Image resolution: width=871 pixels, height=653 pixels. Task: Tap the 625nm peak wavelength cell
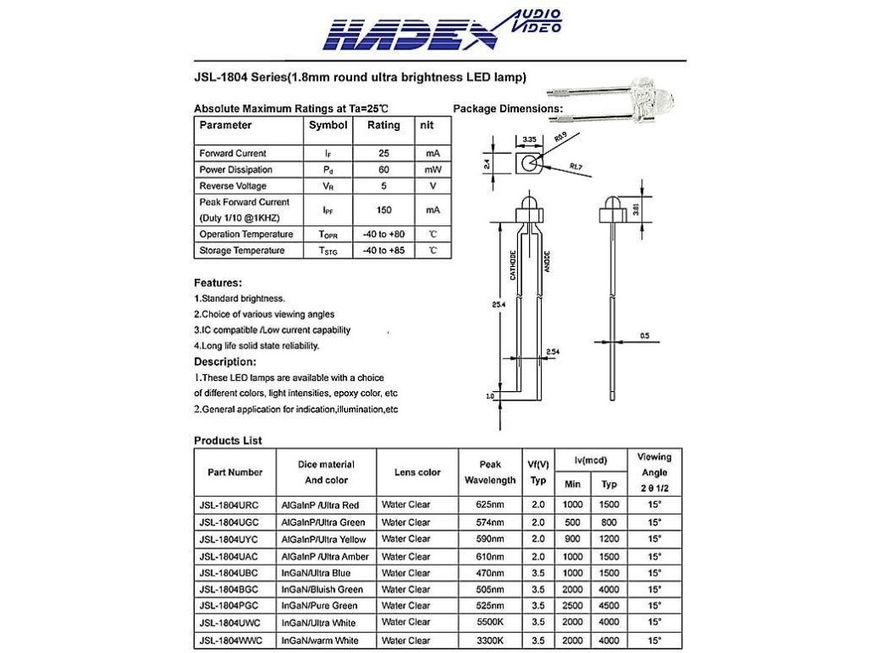pyautogui.click(x=490, y=505)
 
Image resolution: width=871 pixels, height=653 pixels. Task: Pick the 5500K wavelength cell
pyautogui.click(x=490, y=623)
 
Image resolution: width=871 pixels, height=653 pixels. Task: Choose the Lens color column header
pyautogui.click(x=418, y=472)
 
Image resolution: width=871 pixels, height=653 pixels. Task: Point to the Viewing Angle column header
pyautogui.click(x=654, y=472)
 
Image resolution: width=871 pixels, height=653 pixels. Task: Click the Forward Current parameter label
pyautogui.click(x=232, y=153)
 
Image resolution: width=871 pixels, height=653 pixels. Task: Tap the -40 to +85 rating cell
pyautogui.click(x=383, y=251)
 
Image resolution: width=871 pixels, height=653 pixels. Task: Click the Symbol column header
pyautogui.click(x=327, y=125)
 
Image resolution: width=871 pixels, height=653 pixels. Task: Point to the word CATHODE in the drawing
pyautogui.click(x=513, y=266)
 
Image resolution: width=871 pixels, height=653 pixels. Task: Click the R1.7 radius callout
pyautogui.click(x=576, y=166)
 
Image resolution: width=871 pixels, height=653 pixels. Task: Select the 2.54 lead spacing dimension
pyautogui.click(x=552, y=351)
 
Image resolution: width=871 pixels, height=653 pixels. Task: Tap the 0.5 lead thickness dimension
pyautogui.click(x=644, y=337)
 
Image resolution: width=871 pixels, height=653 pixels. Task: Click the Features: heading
pyautogui.click(x=218, y=282)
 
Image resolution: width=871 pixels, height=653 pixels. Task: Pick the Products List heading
pyautogui.click(x=228, y=440)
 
